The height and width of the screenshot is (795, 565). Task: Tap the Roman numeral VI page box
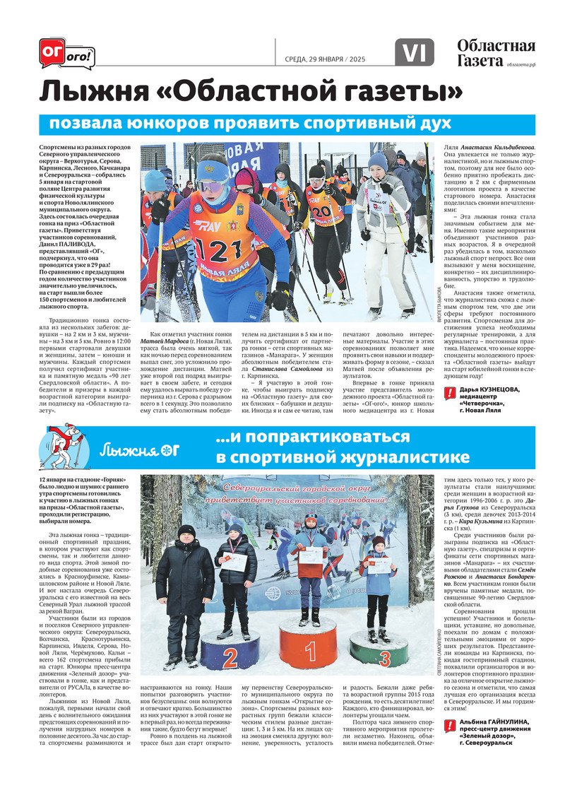point(415,52)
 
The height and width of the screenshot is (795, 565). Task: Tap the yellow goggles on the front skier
point(213,186)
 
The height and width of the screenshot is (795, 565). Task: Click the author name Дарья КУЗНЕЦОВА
point(488,389)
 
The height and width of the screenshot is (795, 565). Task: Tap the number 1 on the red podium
point(309,651)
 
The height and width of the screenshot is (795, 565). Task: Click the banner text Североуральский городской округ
point(306,487)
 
